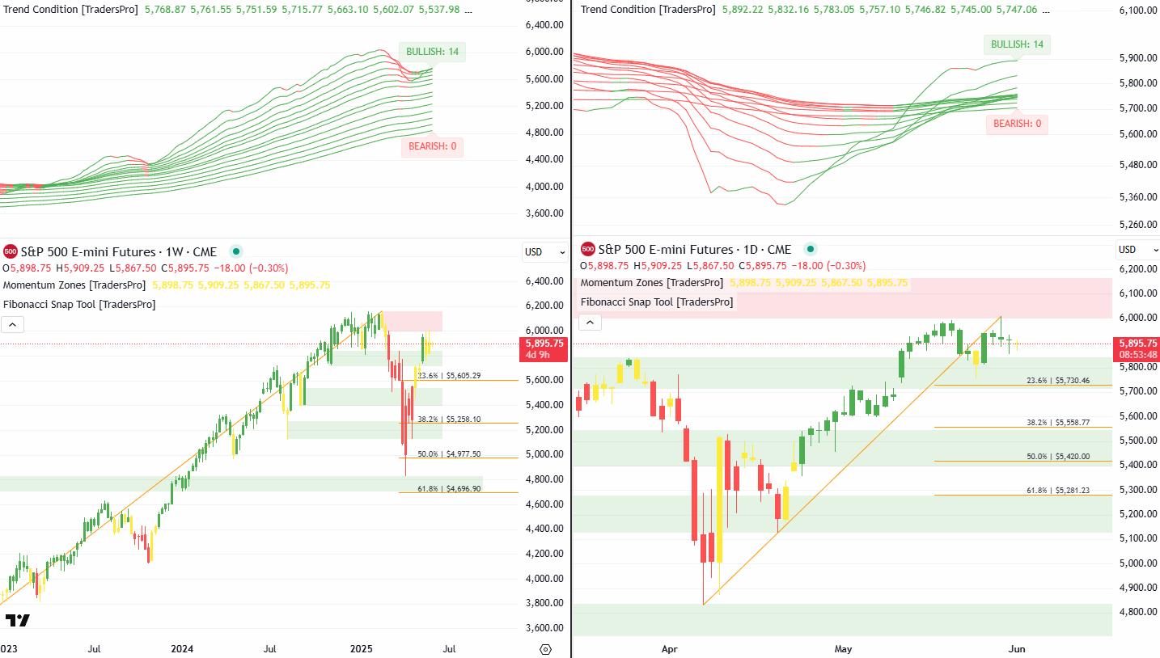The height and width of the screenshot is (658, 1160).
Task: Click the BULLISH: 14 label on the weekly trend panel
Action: pos(432,52)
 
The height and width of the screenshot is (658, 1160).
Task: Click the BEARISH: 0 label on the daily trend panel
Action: pos(1017,124)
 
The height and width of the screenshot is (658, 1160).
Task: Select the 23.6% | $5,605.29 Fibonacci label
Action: pos(449,376)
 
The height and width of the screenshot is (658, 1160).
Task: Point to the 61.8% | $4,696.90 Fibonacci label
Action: pos(449,489)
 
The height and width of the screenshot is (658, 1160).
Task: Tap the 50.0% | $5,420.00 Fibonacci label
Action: pos(1058,457)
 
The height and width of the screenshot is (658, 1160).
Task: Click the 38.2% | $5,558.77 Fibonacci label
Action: pos(1058,423)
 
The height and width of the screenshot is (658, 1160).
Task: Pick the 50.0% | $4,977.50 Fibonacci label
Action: pos(449,454)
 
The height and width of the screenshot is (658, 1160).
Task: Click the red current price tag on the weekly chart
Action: pos(543,344)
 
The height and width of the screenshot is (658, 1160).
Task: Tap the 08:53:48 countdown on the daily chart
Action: pos(1137,354)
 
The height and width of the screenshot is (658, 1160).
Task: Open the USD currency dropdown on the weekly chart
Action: pos(544,252)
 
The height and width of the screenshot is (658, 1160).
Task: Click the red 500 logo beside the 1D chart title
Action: pos(588,250)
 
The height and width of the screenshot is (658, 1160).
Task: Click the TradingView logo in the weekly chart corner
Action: pos(17,621)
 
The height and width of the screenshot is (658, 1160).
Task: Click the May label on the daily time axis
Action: pos(844,649)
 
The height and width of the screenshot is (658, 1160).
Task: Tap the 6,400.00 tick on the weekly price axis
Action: pos(544,281)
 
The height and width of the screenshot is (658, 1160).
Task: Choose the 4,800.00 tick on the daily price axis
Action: pos(1137,612)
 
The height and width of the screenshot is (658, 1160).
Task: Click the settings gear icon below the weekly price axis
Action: pos(544,649)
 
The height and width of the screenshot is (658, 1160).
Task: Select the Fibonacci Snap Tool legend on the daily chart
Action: pos(657,302)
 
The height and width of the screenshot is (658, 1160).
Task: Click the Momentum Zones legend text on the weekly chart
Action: pos(74,285)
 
